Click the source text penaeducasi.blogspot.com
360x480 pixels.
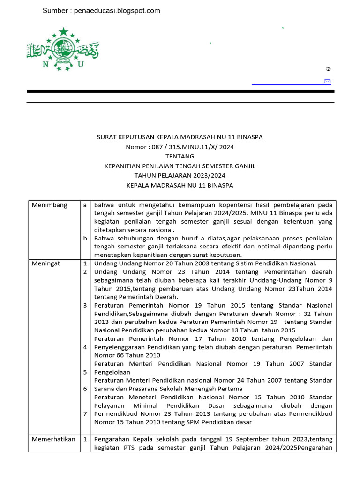pos(117,11)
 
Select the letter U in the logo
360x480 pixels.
pos(81,65)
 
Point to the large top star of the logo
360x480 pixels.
pos(63,32)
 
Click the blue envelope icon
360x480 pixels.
pos(327,82)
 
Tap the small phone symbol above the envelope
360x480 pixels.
pos(328,69)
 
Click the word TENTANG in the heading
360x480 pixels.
pos(180,156)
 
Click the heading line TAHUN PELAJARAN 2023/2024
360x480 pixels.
pos(180,175)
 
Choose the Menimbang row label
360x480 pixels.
pos(49,205)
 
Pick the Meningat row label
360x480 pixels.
pos(45,263)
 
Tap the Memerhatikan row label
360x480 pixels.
pos(53,439)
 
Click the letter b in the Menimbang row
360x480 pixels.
pos(85,238)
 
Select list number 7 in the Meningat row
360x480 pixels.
pos(85,413)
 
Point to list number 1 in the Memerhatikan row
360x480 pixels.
pos(85,439)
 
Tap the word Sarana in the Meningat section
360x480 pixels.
pos(105,389)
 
